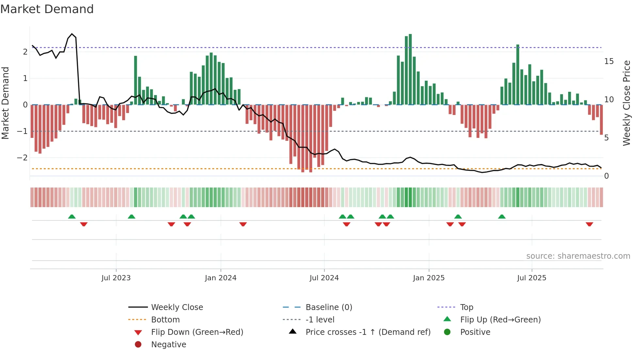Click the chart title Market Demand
(47, 9)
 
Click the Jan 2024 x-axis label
(220, 278)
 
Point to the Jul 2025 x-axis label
(531, 278)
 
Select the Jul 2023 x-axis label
(116, 278)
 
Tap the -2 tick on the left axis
(23, 158)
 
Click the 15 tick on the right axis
(609, 61)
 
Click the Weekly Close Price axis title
(626, 103)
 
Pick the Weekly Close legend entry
(177, 307)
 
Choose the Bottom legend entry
(165, 320)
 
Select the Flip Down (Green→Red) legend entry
(197, 332)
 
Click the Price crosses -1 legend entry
(368, 332)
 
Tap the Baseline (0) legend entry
(328, 307)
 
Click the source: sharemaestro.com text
(578, 256)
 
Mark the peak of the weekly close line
(72, 34)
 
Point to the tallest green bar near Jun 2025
(518, 74)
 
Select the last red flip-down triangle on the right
(589, 224)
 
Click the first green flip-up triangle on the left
(72, 217)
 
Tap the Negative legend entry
(168, 345)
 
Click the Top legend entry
(466, 307)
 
